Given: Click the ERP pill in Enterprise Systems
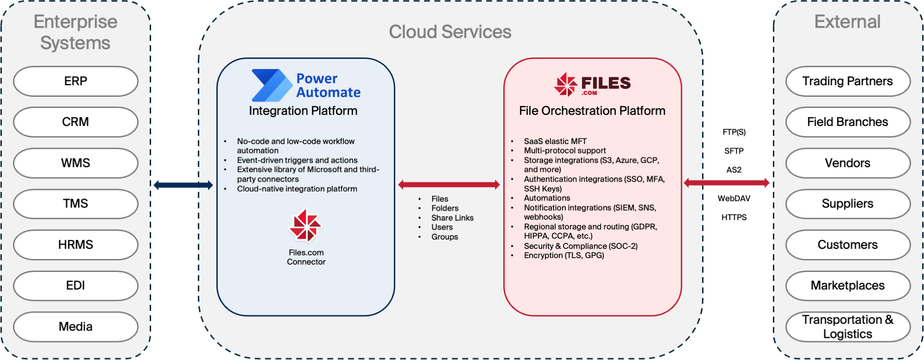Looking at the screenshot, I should pos(76,81).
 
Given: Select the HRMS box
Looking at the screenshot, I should pos(76,245).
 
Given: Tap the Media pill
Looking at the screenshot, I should pos(76,327).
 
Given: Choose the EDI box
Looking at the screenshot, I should pos(76,285).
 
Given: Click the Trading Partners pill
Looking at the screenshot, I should pos(848,81).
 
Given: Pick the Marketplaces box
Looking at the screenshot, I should pos(848,285).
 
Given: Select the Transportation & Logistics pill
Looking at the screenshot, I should pos(848,327).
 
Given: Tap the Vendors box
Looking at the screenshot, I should pos(848,163).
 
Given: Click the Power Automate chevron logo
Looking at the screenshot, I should pos(271,85).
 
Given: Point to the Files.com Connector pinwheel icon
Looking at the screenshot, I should pos(305,226).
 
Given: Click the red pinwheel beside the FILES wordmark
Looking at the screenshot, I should pos(565,84).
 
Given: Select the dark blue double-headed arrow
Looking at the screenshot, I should pos(183,185).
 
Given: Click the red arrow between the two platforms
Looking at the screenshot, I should pos(449,185).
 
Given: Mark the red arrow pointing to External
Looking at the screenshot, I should pos(727,183).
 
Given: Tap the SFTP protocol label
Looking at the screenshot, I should pos(734,151).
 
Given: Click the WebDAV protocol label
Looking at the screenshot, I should pos(734,198).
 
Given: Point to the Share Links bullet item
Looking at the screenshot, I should pos(452,218).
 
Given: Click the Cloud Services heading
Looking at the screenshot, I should pos(450,32).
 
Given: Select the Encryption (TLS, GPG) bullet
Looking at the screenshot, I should pos(564,255).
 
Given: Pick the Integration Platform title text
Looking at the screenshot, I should pos(303,111).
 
